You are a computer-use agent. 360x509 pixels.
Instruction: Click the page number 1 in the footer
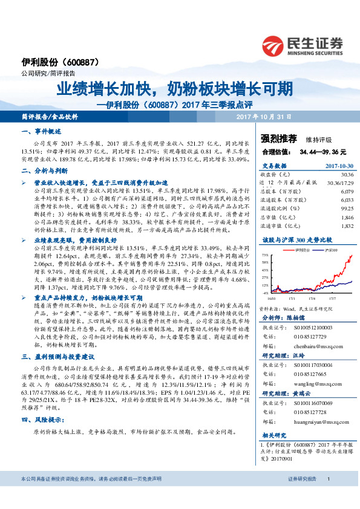click(x=327, y=495)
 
